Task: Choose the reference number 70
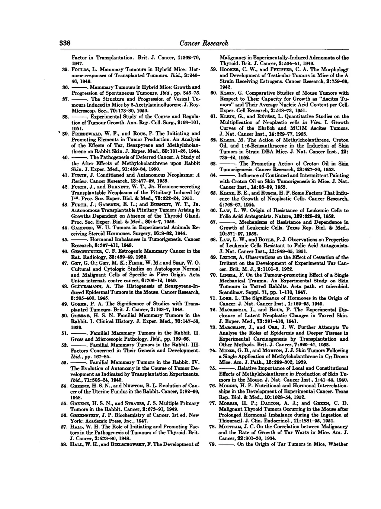point(213,275)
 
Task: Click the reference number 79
point(213,444)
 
